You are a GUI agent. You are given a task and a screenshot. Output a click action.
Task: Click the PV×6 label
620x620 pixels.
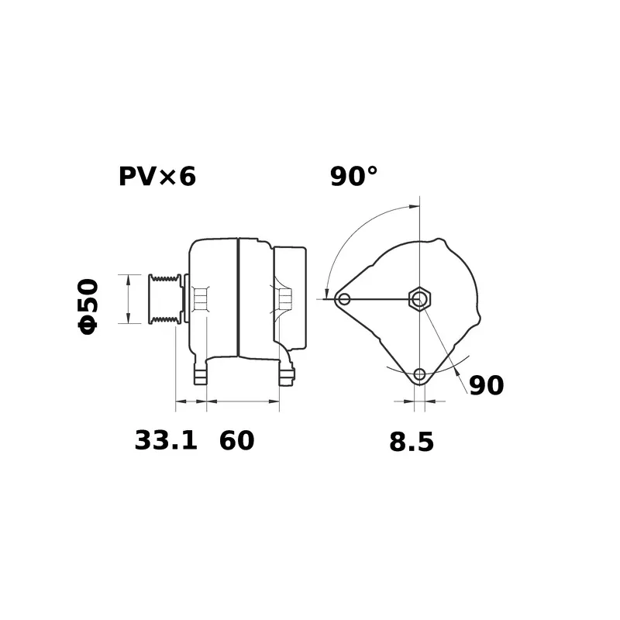click(157, 177)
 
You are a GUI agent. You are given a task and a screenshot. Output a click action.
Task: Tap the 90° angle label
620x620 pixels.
click(354, 177)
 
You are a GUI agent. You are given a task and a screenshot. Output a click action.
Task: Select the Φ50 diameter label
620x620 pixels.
click(88, 305)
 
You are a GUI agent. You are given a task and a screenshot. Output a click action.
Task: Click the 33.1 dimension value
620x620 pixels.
click(166, 440)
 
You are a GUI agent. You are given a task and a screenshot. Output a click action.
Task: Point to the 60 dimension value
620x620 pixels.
click(236, 440)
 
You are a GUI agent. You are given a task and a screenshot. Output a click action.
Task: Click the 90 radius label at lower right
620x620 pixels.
click(487, 385)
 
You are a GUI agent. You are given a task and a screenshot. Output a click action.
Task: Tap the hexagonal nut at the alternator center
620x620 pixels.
click(419, 298)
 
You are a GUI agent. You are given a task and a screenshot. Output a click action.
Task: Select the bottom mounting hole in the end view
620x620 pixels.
click(419, 374)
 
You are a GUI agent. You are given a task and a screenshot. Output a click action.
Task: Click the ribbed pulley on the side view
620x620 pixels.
click(164, 298)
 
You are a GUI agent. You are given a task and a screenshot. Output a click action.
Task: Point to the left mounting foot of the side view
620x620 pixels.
click(201, 374)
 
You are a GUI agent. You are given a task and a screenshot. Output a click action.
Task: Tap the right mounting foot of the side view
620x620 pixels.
click(287, 374)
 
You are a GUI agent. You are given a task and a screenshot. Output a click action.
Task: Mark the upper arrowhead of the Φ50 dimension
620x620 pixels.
click(128, 278)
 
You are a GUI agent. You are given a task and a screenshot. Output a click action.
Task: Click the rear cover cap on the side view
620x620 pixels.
click(291, 298)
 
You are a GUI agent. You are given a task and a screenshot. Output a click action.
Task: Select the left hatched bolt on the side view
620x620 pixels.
click(200, 298)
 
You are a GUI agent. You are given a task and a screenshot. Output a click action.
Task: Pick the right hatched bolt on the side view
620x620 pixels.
click(284, 298)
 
